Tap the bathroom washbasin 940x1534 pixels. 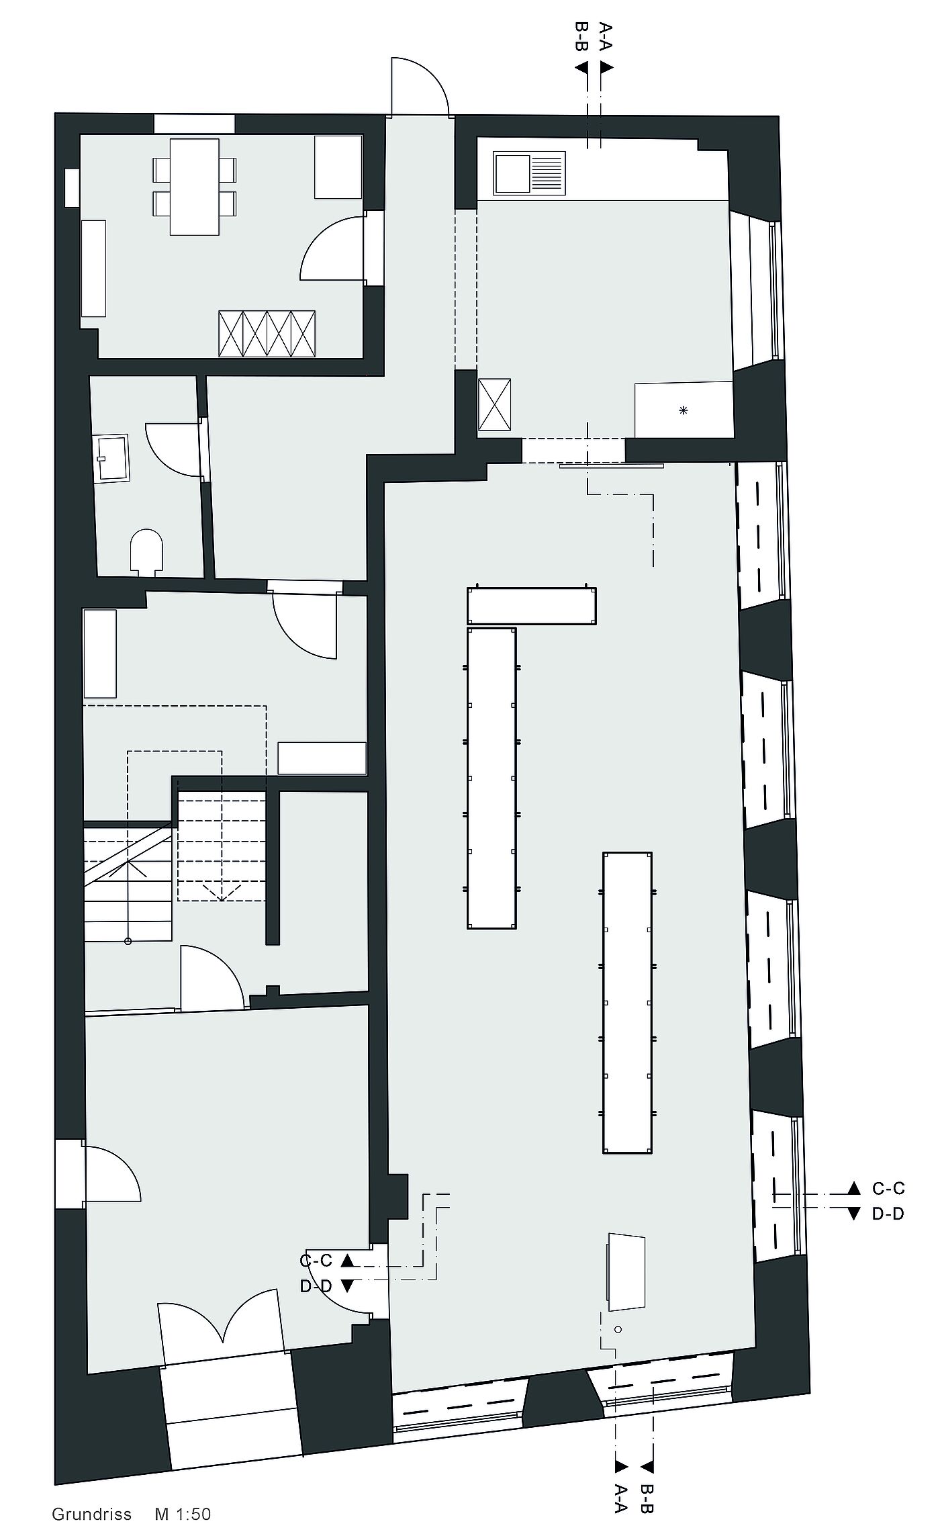[112, 459]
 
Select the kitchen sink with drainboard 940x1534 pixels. [529, 173]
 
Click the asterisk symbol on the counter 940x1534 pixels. [684, 410]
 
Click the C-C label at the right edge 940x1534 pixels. [888, 1188]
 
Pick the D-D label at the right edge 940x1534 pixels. [888, 1214]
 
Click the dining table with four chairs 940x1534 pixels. [195, 187]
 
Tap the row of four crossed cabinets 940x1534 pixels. [267, 334]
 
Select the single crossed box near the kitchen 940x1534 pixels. [494, 404]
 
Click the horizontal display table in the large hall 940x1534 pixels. [532, 606]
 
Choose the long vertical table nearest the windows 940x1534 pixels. [628, 1003]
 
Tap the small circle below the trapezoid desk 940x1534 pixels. [618, 1329]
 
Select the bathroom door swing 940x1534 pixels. [173, 450]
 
